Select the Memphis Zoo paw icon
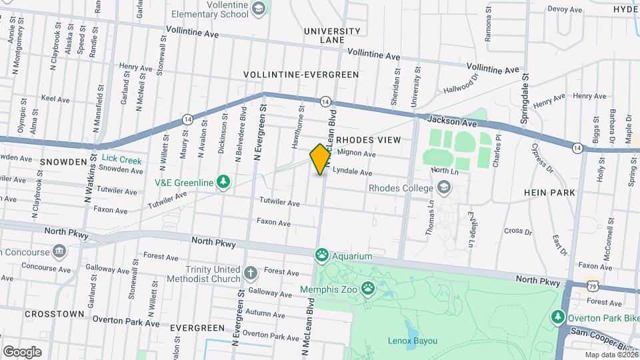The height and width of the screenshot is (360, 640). pyautogui.click(x=368, y=288)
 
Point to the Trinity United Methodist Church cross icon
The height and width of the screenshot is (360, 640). pyautogui.click(x=250, y=272)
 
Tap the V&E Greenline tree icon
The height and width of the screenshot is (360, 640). pyautogui.click(x=224, y=182)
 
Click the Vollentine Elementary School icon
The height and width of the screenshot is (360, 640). pyautogui.click(x=258, y=8)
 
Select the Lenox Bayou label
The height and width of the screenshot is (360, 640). pyautogui.click(x=413, y=341)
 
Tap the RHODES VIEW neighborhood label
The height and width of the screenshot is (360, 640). pyautogui.click(x=369, y=140)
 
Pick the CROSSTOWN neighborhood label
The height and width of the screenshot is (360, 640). pyautogui.click(x=54, y=313)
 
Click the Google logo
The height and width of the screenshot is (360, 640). pyautogui.click(x=22, y=351)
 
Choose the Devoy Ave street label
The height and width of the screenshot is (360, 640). pyautogui.click(x=565, y=9)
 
